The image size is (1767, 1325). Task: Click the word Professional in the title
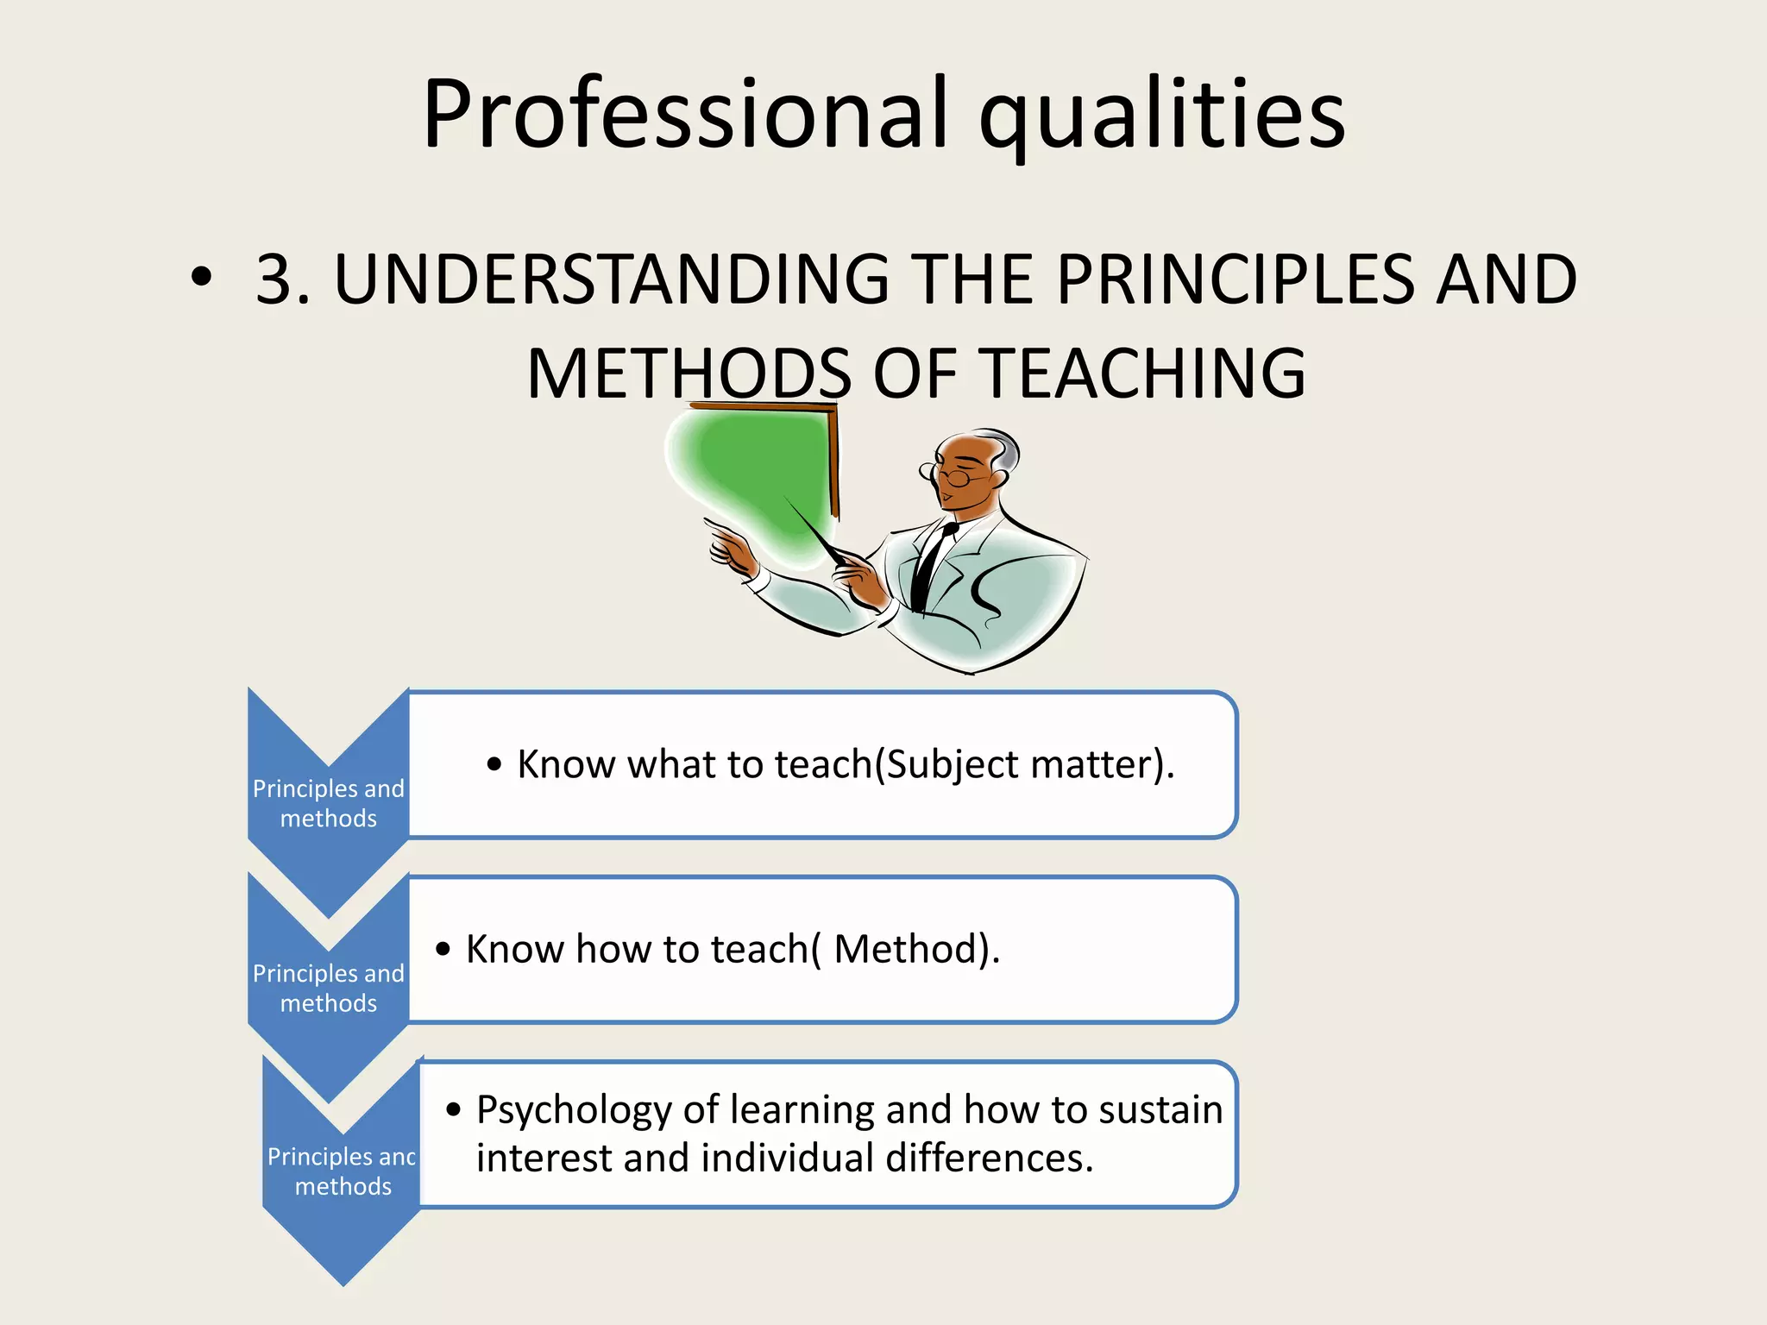[x=686, y=115]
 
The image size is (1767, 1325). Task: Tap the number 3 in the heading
[x=275, y=279]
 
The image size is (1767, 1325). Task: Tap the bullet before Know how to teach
[x=443, y=950]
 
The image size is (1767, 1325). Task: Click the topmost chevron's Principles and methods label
[x=328, y=803]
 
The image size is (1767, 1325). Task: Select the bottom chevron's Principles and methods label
[x=343, y=1171]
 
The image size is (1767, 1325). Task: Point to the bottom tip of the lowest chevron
[x=343, y=1283]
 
